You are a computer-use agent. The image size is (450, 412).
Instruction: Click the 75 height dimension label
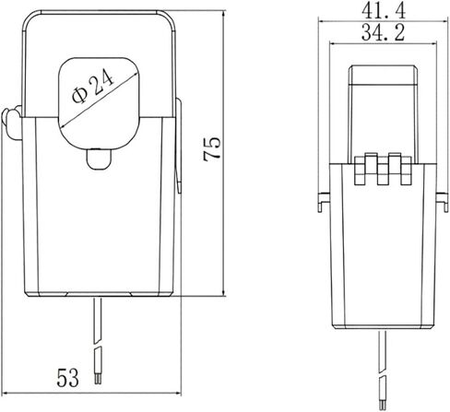point(212,149)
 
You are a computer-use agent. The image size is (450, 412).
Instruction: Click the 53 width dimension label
point(68,378)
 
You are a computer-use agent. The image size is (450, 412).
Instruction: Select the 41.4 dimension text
point(384,10)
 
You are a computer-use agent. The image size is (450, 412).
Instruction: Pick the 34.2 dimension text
point(383,32)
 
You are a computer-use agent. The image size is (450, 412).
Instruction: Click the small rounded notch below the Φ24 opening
point(99,159)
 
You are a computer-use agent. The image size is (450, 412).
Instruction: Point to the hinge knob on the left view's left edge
point(12,123)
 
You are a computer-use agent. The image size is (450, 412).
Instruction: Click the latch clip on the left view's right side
point(178,146)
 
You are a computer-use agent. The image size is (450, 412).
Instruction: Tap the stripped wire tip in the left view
point(99,379)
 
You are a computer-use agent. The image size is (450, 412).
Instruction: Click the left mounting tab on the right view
point(324,202)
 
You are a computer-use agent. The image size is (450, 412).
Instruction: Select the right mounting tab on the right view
point(442,202)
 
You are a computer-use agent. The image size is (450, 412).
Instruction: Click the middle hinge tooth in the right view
point(383,169)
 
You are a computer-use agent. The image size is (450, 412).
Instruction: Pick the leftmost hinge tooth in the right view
point(361,171)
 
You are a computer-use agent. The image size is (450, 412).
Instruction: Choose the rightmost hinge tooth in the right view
point(406,171)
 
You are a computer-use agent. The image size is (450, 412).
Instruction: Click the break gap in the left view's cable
point(99,346)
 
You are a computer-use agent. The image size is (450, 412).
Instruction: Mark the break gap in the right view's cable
point(383,373)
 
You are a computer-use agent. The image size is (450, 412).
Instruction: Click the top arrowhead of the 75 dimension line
point(223,14)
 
